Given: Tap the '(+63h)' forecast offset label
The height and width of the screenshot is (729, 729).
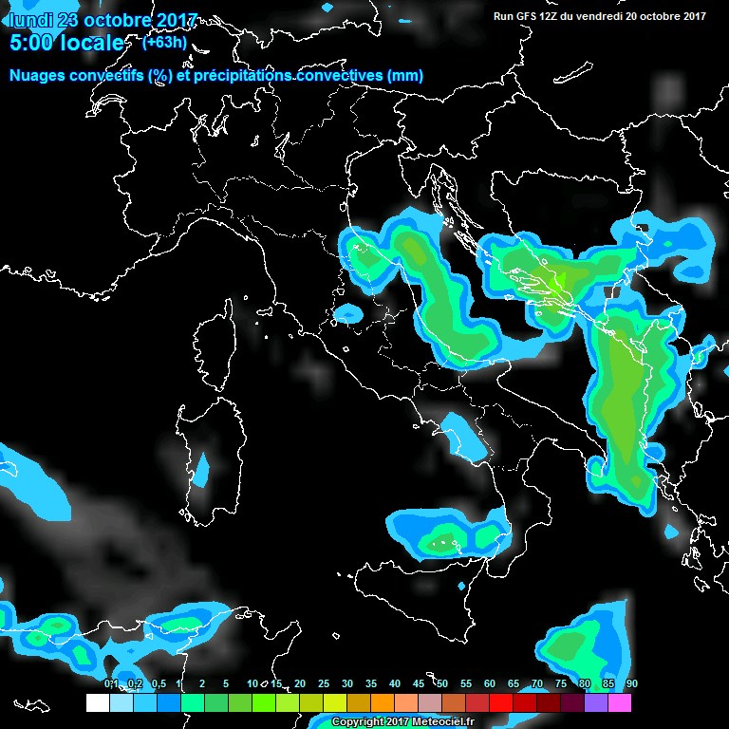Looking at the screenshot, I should tap(163, 42).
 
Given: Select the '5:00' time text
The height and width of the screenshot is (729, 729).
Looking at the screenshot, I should tap(30, 43).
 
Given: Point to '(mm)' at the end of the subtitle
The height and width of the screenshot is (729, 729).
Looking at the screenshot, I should tap(404, 75).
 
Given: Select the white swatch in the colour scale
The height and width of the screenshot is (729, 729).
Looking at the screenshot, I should tap(97, 703).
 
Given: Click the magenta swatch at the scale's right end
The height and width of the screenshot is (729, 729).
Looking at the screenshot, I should tap(620, 703).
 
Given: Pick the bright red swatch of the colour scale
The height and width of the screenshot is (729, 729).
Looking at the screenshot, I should tap(501, 703).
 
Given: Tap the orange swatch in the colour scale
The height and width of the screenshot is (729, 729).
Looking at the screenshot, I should tap(383, 703).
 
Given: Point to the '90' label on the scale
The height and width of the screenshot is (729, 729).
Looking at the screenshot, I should tap(631, 684).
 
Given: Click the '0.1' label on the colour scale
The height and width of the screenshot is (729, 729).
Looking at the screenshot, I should tap(110, 684).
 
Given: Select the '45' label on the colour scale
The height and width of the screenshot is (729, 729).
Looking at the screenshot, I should tap(419, 684).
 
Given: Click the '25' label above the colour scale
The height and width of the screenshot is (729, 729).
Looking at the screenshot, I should tap(324, 684).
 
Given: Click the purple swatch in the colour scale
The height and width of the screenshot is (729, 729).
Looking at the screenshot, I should tap(596, 703).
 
